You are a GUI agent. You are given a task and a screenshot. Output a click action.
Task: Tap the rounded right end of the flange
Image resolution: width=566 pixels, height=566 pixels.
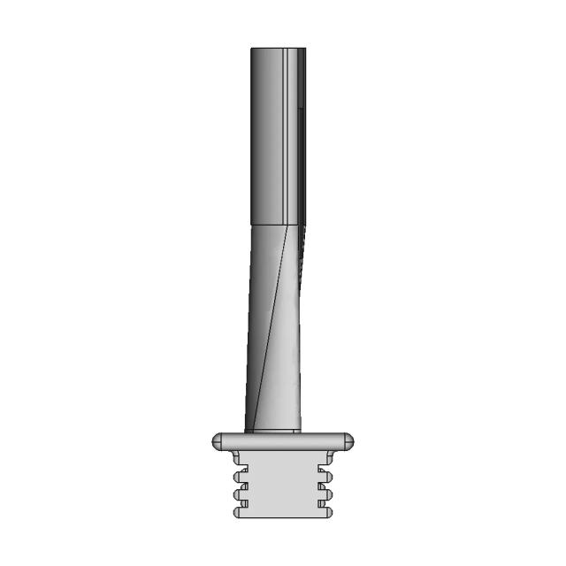pyautogui.click(x=348, y=440)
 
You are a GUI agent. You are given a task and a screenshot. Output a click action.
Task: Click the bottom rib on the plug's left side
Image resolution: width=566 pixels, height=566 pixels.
pyautogui.click(x=238, y=511)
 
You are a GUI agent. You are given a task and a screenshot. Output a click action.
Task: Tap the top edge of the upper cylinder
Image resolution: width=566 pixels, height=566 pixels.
pyautogui.click(x=279, y=49)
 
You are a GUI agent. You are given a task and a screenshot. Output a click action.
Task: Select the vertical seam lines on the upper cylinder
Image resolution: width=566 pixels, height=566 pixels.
pyautogui.click(x=289, y=133)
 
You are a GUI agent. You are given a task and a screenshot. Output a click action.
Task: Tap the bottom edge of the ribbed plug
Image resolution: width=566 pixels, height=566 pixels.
pyautogui.click(x=281, y=517)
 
